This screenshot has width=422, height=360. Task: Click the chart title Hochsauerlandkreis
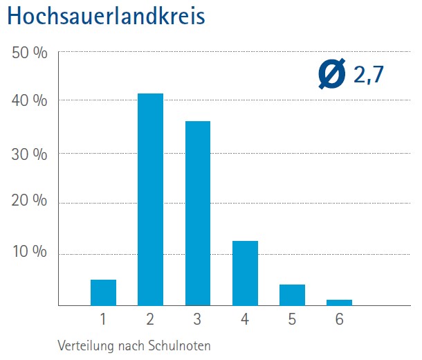point(107,16)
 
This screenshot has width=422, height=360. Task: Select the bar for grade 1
point(103,292)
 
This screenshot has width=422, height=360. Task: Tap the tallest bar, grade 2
point(150,199)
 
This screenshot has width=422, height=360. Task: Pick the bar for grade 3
point(197,213)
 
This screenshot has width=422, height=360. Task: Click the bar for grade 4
point(245,273)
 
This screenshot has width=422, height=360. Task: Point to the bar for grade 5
point(292,295)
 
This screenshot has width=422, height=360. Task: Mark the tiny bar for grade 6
point(339,302)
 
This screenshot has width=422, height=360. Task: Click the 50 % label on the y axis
point(29,53)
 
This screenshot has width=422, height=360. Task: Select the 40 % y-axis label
point(29,101)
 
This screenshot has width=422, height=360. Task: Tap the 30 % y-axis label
point(29,153)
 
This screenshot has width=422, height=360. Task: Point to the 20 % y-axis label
point(29,203)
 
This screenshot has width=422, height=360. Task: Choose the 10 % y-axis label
point(29,252)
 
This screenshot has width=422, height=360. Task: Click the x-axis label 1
point(103,320)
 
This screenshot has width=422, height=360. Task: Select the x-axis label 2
point(150,320)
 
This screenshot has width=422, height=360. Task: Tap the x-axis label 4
point(245,320)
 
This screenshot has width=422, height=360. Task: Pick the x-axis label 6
point(339,320)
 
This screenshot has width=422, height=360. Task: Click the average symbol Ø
point(333,74)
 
